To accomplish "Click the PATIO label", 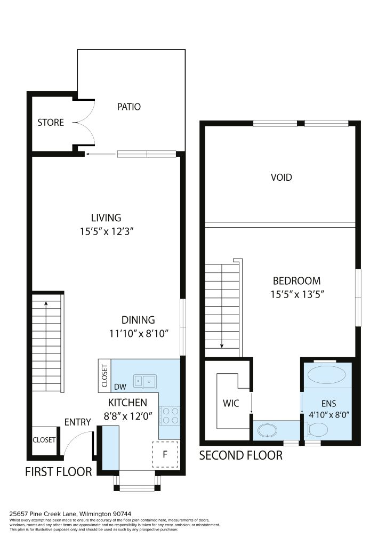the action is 129,107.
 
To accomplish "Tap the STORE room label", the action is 51,123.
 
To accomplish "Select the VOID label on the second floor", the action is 281,177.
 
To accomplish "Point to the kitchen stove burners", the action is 170,416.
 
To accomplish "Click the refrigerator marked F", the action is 165,454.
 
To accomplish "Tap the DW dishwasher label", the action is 120,387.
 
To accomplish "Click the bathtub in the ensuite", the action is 327,375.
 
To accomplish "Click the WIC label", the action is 231,403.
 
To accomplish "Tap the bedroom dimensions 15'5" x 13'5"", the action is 297,294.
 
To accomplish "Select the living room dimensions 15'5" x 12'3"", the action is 107,231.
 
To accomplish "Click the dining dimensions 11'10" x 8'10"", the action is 139,334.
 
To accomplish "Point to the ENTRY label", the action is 78,422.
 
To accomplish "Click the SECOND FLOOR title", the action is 241,455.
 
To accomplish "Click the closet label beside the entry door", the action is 44,440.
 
